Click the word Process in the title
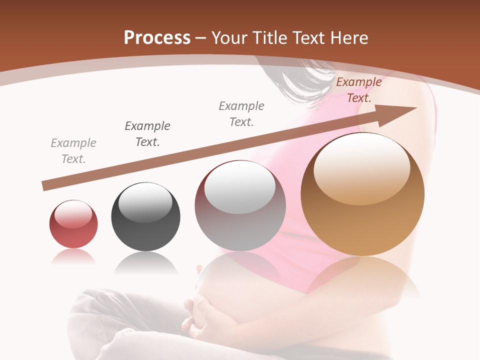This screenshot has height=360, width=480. coord(157,38)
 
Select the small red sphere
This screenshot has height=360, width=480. coord(73,224)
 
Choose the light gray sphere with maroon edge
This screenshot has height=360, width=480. coord(240,206)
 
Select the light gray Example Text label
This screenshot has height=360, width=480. coord(73,151)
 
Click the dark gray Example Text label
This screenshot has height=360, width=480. coord(147,134)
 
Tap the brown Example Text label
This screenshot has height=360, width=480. coord(359,90)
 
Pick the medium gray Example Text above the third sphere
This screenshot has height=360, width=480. coord(241,113)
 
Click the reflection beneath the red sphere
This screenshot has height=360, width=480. coord(73,256)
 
